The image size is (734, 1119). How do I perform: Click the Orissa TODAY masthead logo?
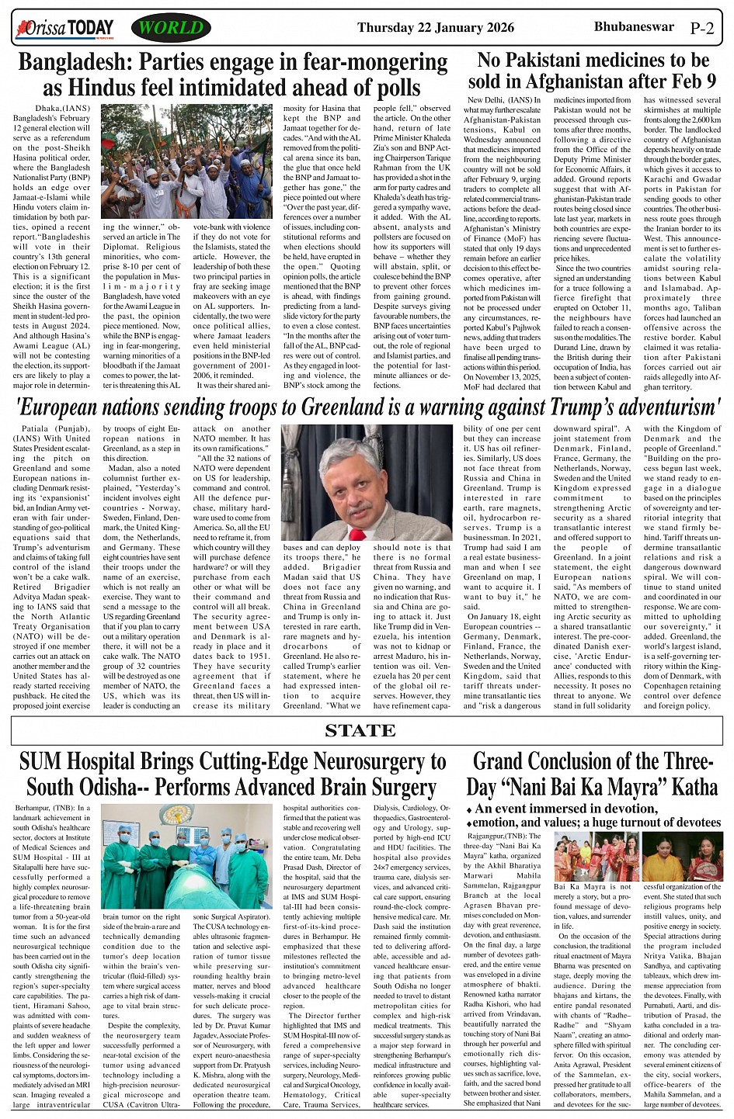pyautogui.click(x=64, y=29)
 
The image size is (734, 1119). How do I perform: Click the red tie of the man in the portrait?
pyautogui.click(x=356, y=534)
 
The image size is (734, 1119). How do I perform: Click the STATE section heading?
pyautogui.click(x=360, y=730)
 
